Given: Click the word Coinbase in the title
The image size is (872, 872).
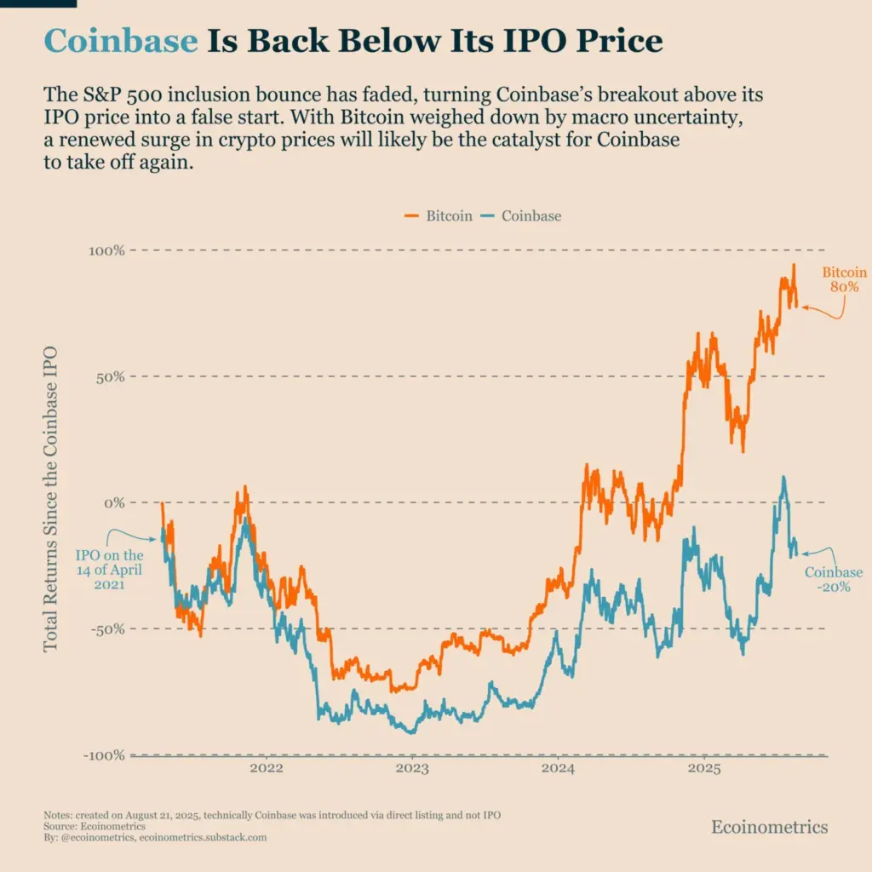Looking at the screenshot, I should click(120, 40).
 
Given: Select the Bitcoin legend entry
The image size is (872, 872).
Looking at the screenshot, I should click(438, 215).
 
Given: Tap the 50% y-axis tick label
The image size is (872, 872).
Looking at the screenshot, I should click(110, 376).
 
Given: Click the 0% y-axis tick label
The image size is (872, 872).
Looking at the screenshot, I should click(114, 502).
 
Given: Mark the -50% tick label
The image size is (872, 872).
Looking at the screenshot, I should click(107, 629).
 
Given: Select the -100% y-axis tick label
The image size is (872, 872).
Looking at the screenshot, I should click(104, 755).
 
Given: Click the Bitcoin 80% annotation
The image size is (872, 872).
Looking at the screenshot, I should click(844, 279).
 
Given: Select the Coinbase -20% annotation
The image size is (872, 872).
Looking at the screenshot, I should click(833, 580).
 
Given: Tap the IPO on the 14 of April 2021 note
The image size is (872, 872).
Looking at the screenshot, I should click(110, 570).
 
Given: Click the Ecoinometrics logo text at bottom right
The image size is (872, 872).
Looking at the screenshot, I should click(769, 827).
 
